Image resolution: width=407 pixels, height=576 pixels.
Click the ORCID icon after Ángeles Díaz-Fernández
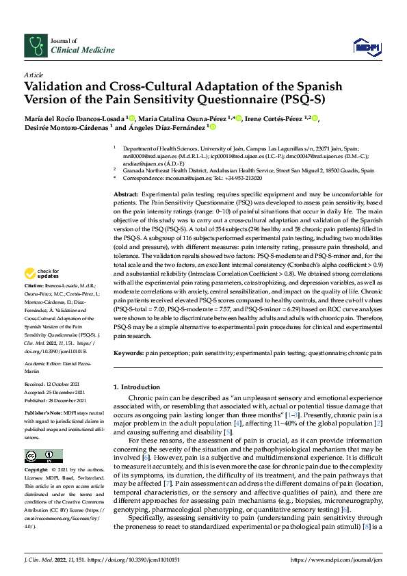click(212, 127)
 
